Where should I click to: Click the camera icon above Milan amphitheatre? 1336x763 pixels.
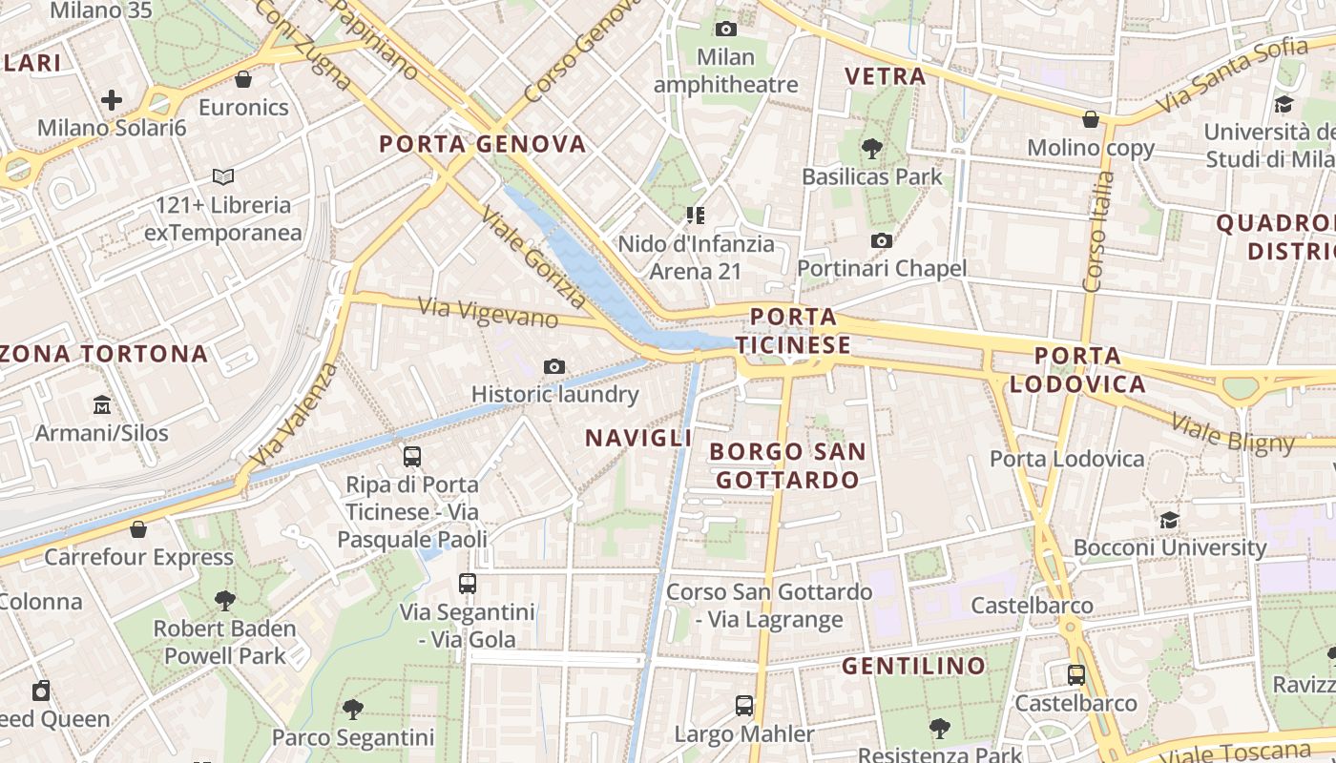[726, 29]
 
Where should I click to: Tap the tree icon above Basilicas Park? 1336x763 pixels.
[871, 148]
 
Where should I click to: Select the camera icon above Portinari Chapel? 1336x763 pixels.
[882, 240]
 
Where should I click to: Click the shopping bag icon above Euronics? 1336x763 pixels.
[243, 78]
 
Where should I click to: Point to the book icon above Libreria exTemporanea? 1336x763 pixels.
[223, 176]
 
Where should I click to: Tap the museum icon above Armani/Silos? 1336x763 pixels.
[102, 404]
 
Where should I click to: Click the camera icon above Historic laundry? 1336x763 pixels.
[554, 366]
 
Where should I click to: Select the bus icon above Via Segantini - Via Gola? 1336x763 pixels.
[467, 583]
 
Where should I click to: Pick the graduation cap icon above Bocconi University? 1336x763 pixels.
[1169, 520]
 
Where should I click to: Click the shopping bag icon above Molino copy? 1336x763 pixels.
[1090, 119]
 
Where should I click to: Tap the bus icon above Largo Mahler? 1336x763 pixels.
[744, 706]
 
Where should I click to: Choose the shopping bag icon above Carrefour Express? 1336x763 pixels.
[138, 528]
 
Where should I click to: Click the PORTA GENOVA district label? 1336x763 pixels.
[482, 144]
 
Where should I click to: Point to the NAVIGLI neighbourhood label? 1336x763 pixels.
[638, 438]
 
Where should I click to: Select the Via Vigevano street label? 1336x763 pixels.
[488, 312]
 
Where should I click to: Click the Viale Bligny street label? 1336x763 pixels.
[1232, 433]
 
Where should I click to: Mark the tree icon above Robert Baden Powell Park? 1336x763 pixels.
[225, 600]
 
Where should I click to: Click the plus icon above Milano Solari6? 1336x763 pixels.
[112, 99]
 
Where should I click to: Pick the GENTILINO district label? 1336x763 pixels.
[913, 666]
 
